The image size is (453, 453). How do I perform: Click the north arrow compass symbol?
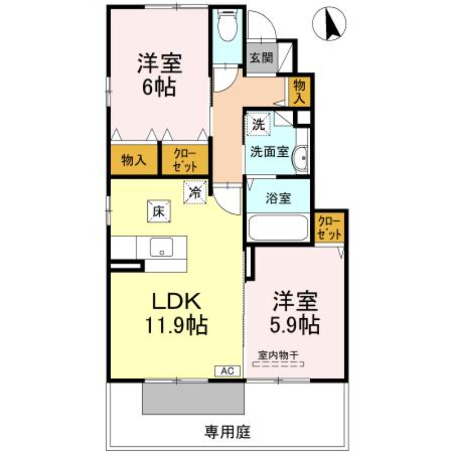point(330,23)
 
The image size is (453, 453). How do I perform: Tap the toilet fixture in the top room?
point(227,25)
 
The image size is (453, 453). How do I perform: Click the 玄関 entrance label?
point(262,58)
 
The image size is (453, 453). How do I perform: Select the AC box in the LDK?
point(228,371)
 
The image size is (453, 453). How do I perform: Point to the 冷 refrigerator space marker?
point(195,192)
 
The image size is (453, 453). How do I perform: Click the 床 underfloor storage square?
point(159,211)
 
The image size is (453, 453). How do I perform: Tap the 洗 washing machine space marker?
point(259,124)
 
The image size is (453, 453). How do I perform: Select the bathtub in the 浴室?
point(278,228)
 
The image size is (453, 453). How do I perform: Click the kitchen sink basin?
point(161,247)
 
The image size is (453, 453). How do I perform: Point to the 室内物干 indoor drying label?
point(278,355)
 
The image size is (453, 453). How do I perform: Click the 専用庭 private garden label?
point(228,432)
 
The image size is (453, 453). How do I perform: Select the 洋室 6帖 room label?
point(159,74)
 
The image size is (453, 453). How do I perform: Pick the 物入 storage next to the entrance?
point(299,92)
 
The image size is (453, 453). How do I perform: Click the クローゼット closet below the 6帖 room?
point(185,160)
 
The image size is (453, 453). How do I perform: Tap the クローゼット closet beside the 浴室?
point(330,228)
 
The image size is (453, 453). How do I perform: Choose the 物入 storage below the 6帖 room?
point(134,160)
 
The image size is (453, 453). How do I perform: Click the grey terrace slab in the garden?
point(194,399)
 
